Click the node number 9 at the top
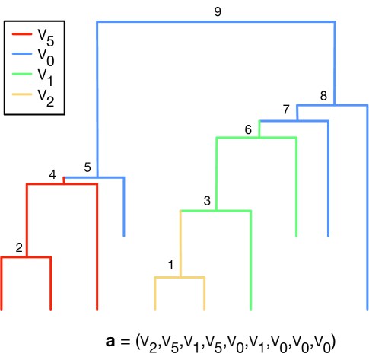pos(218,11)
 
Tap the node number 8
pos(323,96)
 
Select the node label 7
pos(286,110)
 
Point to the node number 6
pos(248,129)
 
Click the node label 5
pos(87,167)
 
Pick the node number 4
pos(52,175)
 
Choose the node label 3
pos(207,201)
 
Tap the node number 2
pos(19,248)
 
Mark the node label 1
pos(171,266)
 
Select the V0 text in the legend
pos(45,55)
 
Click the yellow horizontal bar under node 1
pos(180,277)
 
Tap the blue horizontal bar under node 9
pos(216,22)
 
